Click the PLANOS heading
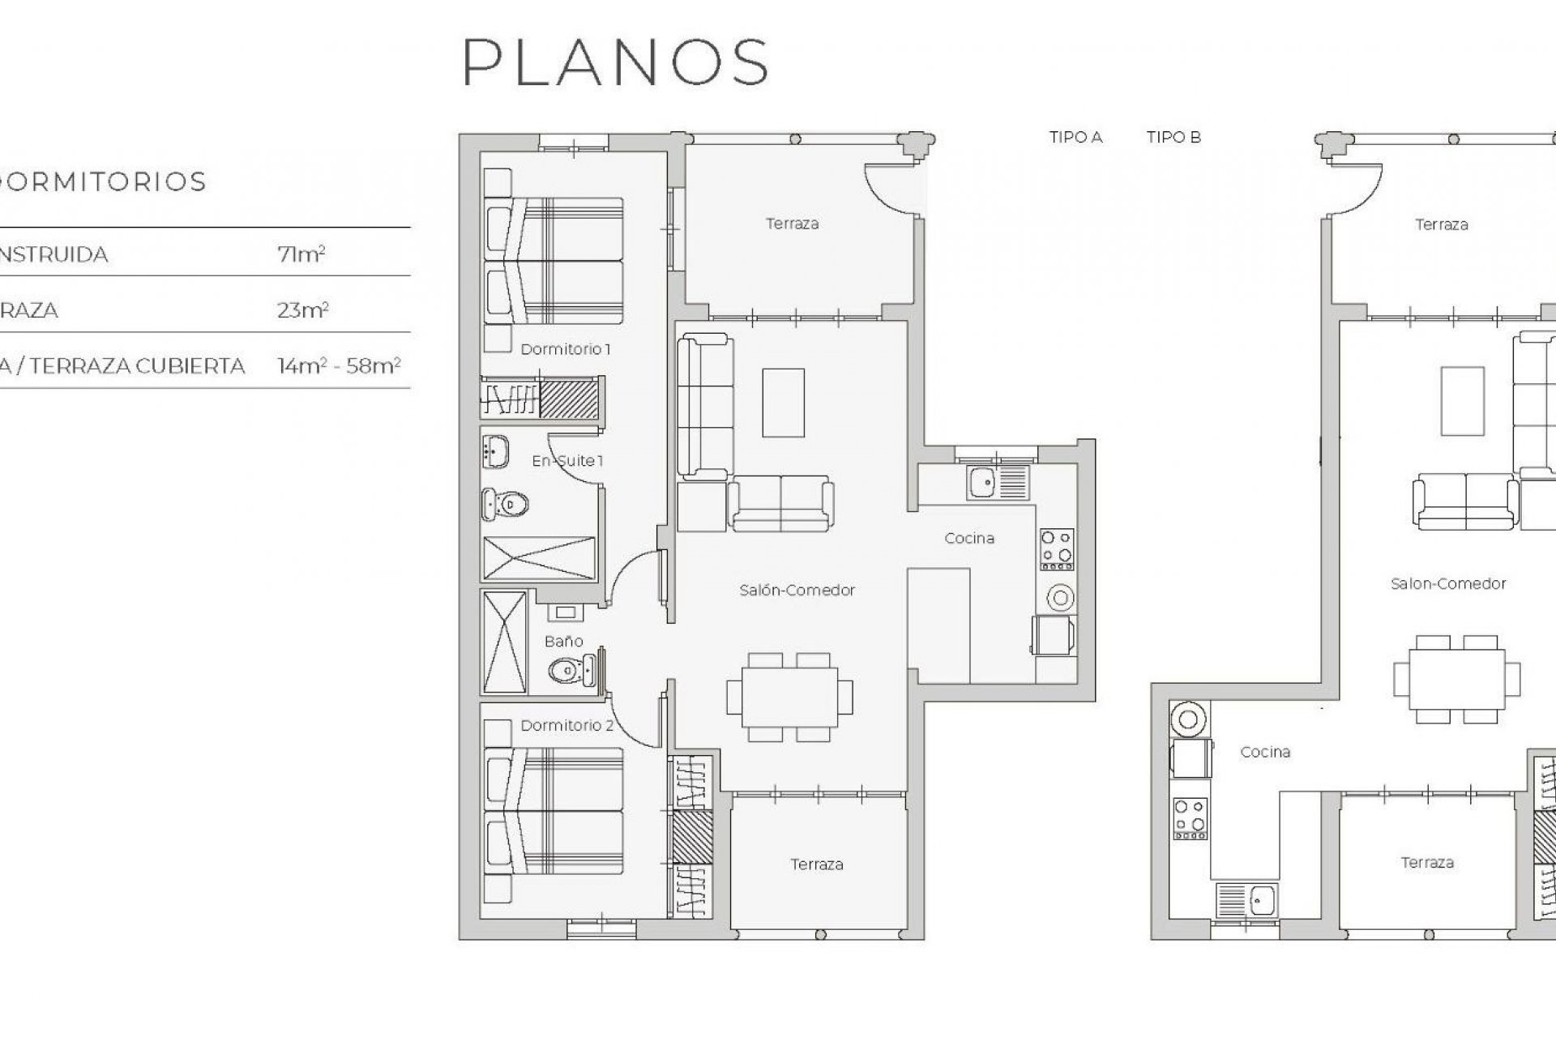pyautogui.click(x=616, y=62)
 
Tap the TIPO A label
pyautogui.click(x=1075, y=138)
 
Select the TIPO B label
pyautogui.click(x=1173, y=138)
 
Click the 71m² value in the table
pyautogui.click(x=301, y=254)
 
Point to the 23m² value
pyautogui.click(x=302, y=310)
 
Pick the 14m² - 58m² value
pyautogui.click(x=339, y=366)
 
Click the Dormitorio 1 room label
pyautogui.click(x=565, y=349)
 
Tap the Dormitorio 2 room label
pyautogui.click(x=566, y=725)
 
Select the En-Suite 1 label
pyautogui.click(x=567, y=461)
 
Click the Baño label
pyautogui.click(x=563, y=641)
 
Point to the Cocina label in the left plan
pyautogui.click(x=969, y=538)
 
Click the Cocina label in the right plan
pyautogui.click(x=1264, y=752)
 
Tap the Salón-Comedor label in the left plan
pyautogui.click(x=797, y=590)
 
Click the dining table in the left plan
pyautogui.click(x=789, y=697)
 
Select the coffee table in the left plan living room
pyautogui.click(x=783, y=403)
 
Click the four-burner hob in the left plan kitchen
pyautogui.click(x=1057, y=547)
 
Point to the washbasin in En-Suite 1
pyautogui.click(x=495, y=451)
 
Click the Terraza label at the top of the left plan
pyautogui.click(x=792, y=224)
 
